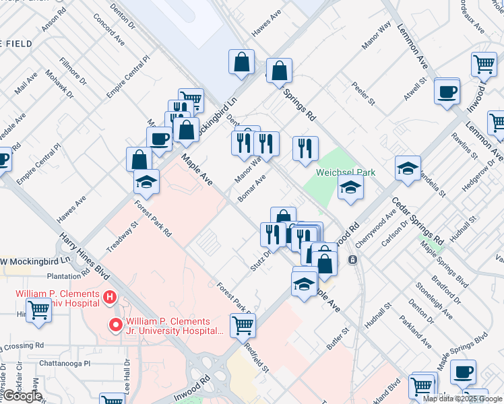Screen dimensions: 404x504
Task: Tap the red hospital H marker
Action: click(x=109, y=297)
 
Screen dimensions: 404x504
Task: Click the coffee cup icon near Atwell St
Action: click(x=447, y=91)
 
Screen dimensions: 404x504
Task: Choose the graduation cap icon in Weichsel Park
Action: click(x=350, y=187)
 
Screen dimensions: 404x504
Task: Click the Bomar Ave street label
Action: click(x=251, y=189)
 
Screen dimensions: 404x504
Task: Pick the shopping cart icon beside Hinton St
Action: click(x=39, y=312)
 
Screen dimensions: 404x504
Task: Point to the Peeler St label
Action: click(x=363, y=94)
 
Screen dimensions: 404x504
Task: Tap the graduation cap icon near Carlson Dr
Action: click(x=408, y=168)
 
